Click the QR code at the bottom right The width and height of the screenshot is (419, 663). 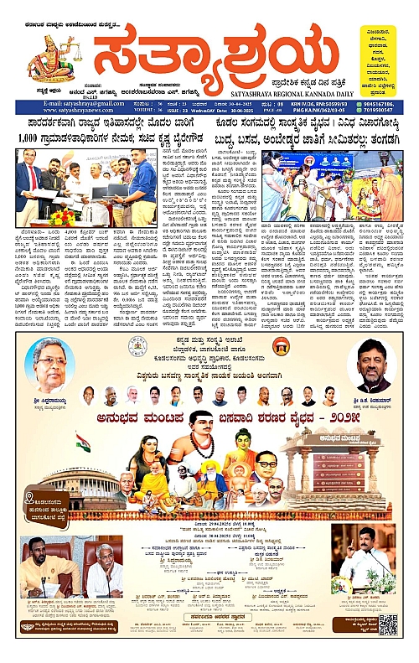pos(387,624)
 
